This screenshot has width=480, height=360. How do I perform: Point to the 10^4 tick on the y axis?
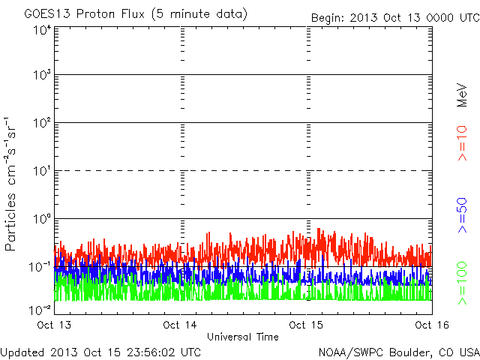pos(41,30)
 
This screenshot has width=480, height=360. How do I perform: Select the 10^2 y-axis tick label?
pos(41,122)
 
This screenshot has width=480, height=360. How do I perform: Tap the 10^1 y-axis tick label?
pos(41,170)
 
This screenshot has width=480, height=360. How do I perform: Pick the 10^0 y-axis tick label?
pos(41,218)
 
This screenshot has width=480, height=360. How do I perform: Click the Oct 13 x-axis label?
pos(55,325)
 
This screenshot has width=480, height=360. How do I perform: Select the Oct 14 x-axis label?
pos(181,325)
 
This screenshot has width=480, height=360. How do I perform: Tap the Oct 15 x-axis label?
pos(307,325)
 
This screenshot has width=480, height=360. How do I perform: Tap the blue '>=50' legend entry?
pos(463,212)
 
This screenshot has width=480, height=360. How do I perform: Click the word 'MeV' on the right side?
pos(463,96)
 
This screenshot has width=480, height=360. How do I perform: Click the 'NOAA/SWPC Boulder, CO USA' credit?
pos(397,352)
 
